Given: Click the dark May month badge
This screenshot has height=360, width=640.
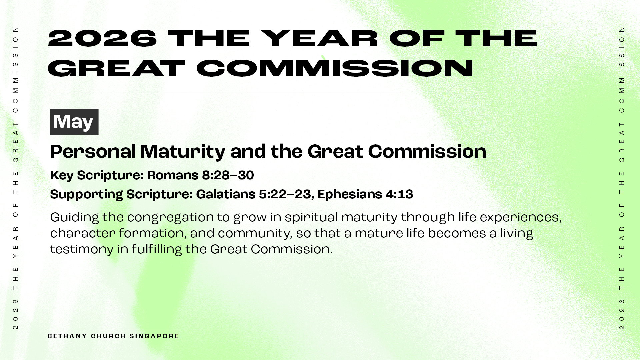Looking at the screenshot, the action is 74,122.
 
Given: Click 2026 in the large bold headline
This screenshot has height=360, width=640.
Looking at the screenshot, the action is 102,38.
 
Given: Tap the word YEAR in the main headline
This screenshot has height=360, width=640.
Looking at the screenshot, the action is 319,38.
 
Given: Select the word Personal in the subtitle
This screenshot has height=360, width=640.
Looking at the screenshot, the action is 93,152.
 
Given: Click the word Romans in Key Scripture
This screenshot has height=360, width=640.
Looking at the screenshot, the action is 173,175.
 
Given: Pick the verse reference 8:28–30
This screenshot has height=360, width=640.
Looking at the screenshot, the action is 228,175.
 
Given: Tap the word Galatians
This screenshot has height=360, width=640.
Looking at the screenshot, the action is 225,194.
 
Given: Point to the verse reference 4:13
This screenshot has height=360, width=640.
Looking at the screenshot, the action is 399,194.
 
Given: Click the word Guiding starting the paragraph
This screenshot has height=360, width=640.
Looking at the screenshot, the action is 74,218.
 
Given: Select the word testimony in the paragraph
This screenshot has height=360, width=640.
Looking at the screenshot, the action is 82,250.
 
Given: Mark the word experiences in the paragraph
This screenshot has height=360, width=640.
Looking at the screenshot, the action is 521,218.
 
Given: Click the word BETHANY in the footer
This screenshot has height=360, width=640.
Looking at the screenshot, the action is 67,336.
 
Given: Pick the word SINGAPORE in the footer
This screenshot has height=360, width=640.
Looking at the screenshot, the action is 154,336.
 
